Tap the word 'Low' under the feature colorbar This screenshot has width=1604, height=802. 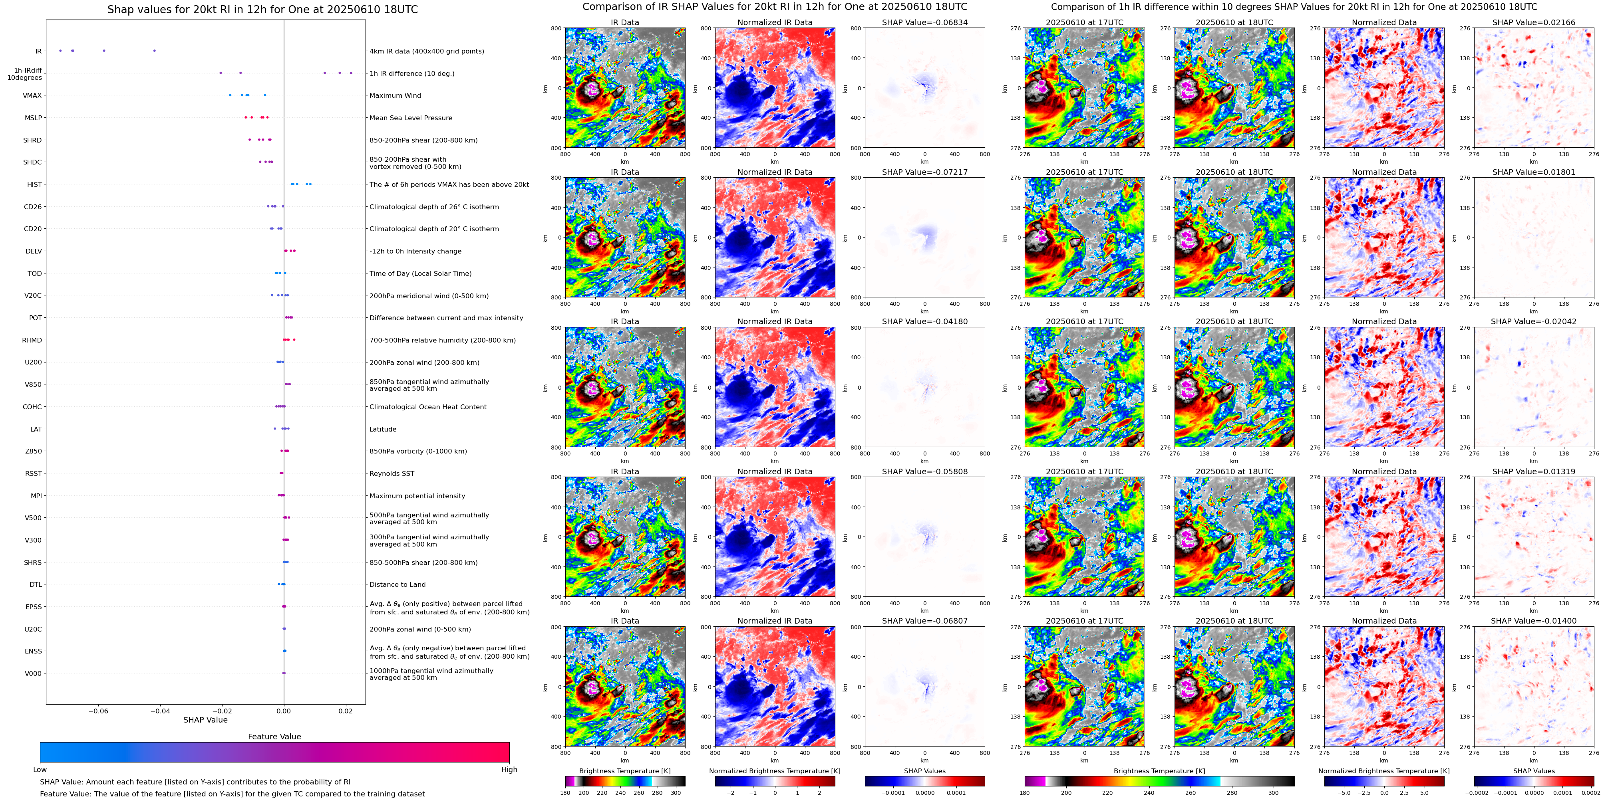[40, 770]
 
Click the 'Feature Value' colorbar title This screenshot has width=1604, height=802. [274, 737]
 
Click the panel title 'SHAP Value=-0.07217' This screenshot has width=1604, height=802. [925, 172]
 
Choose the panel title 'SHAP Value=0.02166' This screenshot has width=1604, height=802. [1534, 22]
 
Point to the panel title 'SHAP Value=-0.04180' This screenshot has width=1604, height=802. [925, 322]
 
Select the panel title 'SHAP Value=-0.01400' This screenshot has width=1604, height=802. [1534, 621]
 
